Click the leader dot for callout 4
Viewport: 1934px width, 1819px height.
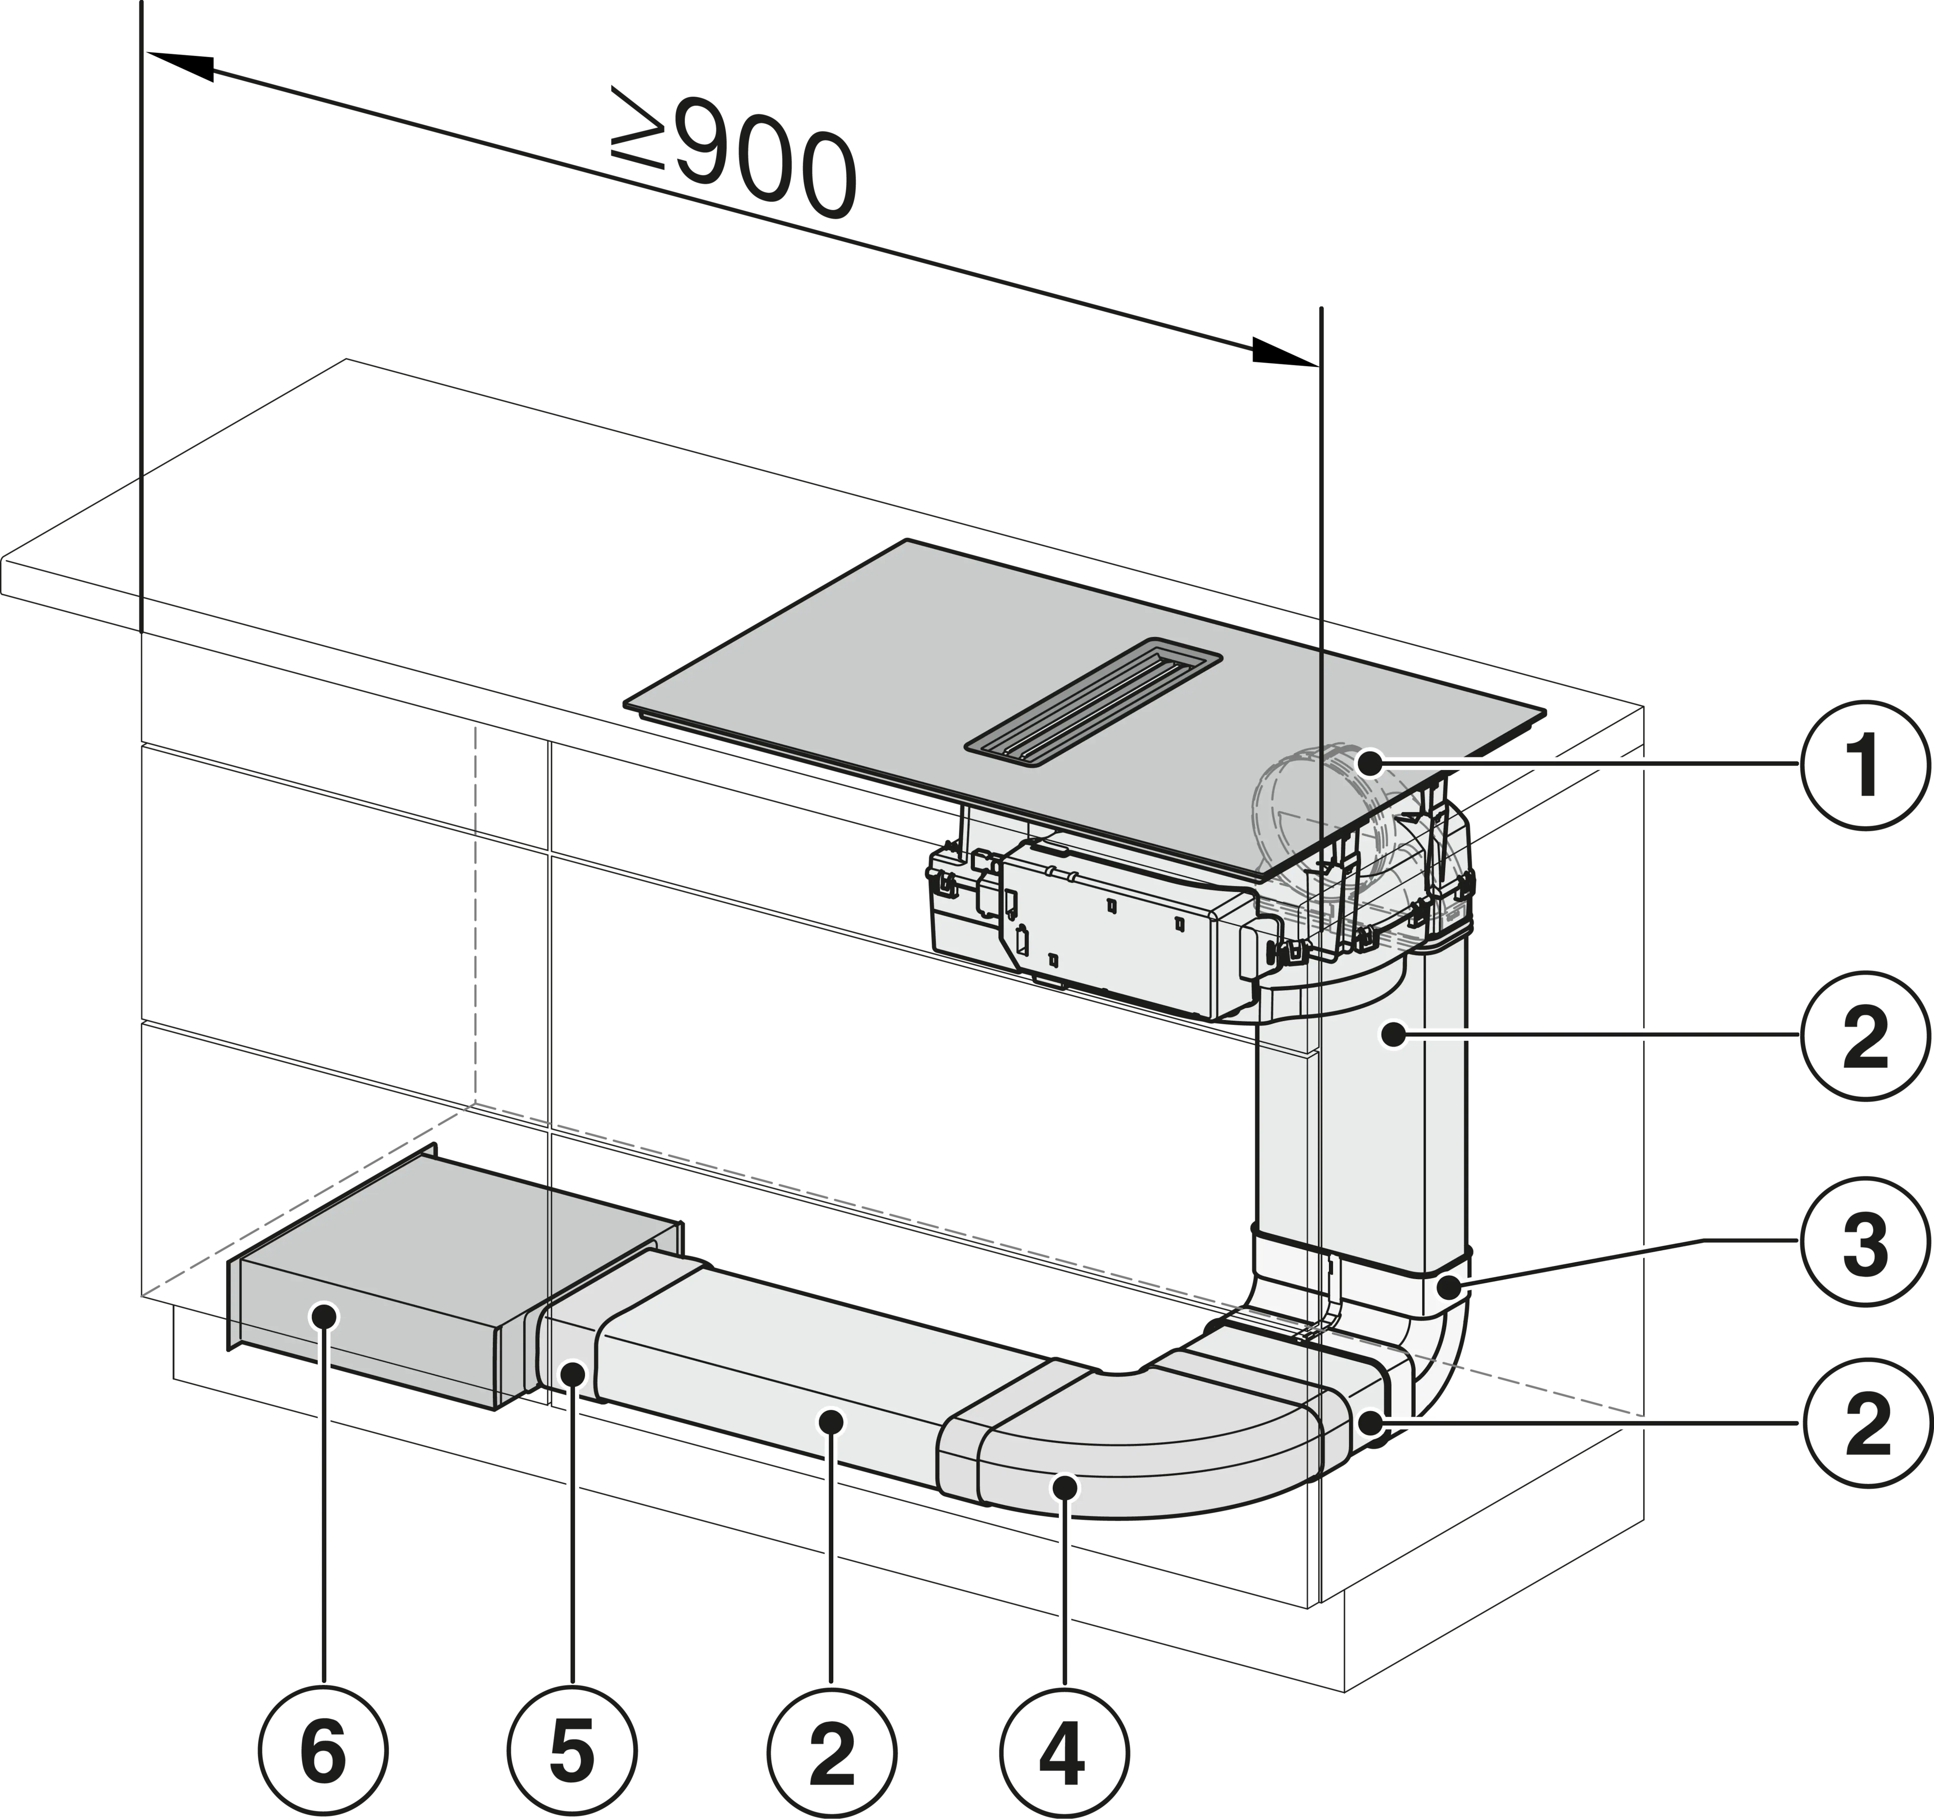1066,1486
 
